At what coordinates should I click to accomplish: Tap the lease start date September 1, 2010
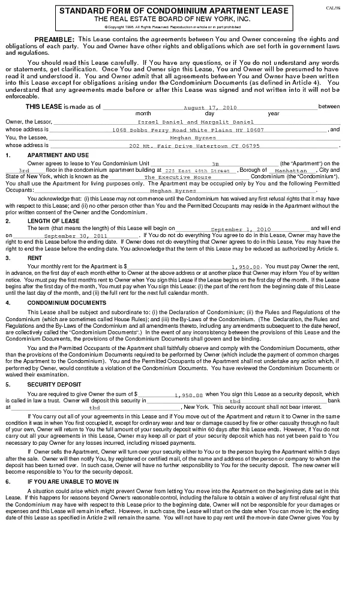(x=241, y=229)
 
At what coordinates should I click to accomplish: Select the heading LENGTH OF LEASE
(x=53, y=221)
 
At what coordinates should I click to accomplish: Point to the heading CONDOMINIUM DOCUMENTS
(x=67, y=303)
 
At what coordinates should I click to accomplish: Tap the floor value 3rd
(x=24, y=171)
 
